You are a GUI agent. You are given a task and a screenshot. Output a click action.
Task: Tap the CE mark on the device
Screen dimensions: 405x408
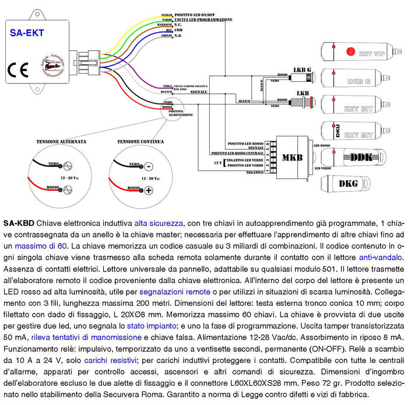(18, 69)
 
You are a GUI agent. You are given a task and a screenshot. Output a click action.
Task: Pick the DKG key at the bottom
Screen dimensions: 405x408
(348, 184)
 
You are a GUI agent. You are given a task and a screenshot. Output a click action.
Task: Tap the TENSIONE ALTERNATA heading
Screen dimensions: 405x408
(61, 141)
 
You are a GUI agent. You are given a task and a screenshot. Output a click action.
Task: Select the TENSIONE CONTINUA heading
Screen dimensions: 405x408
(140, 141)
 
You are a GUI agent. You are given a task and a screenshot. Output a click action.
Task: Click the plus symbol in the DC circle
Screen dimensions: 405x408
(149, 191)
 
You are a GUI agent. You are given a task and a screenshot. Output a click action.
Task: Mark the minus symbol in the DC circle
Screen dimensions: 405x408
(148, 166)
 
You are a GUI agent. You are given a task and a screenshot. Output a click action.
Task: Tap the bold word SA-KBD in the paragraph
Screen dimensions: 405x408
(18, 223)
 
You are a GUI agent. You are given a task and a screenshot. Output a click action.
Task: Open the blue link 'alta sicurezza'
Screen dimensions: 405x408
(159, 223)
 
